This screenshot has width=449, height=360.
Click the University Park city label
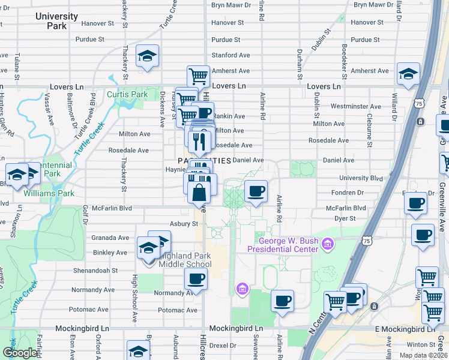point(56,21)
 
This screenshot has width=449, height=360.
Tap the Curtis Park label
point(127,94)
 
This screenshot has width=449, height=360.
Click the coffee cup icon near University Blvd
point(256,191)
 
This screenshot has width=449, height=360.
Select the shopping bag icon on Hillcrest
point(199,193)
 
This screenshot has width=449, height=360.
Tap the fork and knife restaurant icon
point(199,142)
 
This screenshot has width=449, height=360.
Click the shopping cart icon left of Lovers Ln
point(198,76)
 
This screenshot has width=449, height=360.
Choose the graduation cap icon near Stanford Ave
point(147,56)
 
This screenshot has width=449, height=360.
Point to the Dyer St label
point(345,219)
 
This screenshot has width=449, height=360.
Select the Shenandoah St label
point(96,271)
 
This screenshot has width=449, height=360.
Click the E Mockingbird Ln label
point(405,329)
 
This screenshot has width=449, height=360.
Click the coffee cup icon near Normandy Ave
point(196,279)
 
